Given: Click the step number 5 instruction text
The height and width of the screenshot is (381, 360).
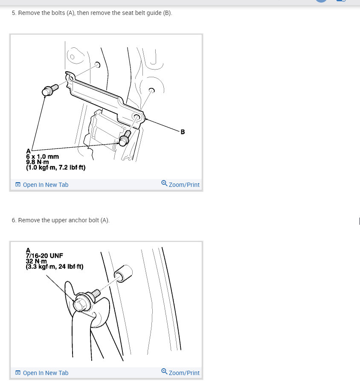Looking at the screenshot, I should [92, 13].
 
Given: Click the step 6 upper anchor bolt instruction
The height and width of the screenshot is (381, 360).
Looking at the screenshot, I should [61, 220].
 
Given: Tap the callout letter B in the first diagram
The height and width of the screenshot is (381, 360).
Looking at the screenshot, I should [183, 132].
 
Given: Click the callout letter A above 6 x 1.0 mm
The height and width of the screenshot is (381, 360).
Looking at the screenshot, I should [28, 151].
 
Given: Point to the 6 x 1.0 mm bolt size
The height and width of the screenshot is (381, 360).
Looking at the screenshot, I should [42, 157].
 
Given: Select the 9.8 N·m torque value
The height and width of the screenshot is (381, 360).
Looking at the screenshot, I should [38, 162].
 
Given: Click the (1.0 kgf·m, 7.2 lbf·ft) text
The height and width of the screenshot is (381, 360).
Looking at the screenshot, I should [55, 168].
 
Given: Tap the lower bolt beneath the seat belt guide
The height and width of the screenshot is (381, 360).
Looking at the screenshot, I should [125, 138].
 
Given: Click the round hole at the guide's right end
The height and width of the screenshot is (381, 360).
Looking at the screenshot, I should [136, 117].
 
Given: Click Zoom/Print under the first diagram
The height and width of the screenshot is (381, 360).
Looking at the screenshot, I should [180, 185].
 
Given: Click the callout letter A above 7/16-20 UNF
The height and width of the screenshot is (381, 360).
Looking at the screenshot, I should [28, 250].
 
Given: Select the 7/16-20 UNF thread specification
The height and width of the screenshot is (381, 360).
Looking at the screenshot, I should [44, 256].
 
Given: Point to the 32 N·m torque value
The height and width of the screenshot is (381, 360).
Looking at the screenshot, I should [37, 261].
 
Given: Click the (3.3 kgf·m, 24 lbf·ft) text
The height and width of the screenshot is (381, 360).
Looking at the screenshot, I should [55, 267].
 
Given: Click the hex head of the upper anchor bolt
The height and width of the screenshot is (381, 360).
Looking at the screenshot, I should [80, 305].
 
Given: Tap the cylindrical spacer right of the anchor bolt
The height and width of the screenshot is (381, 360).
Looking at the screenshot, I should [123, 272].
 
